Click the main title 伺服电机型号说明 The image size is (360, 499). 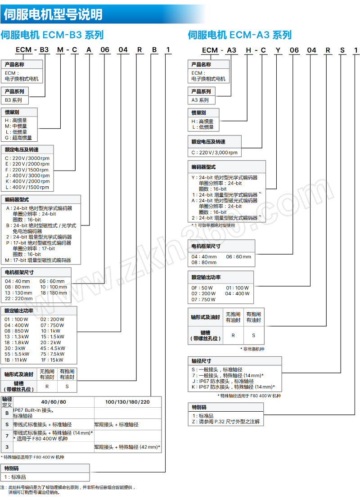[x=53, y=14]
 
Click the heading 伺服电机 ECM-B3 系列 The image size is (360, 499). [x=52, y=35]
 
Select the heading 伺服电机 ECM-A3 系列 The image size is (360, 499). [x=240, y=35]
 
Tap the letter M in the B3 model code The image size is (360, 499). [x=60, y=50]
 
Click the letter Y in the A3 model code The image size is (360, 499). [x=278, y=50]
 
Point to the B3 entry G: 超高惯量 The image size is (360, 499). [x=18, y=138]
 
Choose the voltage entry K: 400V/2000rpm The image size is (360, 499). [x=27, y=181]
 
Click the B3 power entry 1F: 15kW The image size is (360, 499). [x=52, y=360]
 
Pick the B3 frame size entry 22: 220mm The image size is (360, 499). [x=19, y=298]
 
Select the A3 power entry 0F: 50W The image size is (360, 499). [x=202, y=288]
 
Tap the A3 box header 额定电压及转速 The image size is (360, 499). [x=208, y=142]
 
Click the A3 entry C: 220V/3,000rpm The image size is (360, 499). [x=215, y=153]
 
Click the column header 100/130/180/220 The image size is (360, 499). [x=127, y=402]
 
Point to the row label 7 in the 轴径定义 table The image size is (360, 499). [x=7, y=436]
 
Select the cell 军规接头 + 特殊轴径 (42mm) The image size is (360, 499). [x=127, y=447]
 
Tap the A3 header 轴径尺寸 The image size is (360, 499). [x=201, y=361]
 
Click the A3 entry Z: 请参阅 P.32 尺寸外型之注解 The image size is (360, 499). [x=226, y=422]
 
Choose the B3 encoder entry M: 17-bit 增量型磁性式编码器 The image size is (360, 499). [x=38, y=261]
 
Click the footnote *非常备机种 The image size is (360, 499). [x=252, y=349]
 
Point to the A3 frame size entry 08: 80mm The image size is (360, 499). [x=204, y=262]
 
